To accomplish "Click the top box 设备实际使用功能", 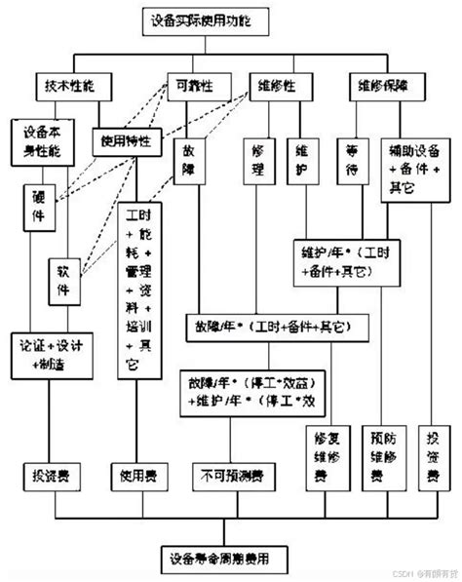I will coord(201,19).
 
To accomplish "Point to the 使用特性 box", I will coord(125,140).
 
